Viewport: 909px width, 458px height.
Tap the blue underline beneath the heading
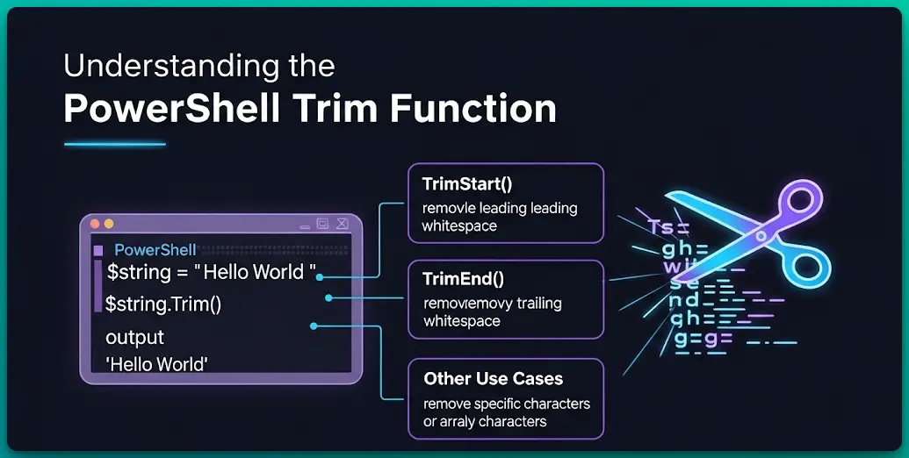[x=114, y=144]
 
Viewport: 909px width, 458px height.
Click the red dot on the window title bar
[x=96, y=225]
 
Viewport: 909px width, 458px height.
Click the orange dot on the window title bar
[x=109, y=225]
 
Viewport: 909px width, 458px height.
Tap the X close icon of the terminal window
[x=343, y=225]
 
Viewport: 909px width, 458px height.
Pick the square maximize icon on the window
[x=322, y=225]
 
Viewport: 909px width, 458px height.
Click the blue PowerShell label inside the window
[x=155, y=250]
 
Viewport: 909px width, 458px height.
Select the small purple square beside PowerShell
[x=97, y=251]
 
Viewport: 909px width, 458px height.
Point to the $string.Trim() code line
[x=163, y=304]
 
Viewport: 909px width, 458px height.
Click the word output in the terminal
[x=134, y=338]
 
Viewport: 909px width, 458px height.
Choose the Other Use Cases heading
[x=493, y=379]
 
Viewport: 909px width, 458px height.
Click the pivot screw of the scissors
[x=761, y=235]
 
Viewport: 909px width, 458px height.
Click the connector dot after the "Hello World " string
[x=320, y=276]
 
